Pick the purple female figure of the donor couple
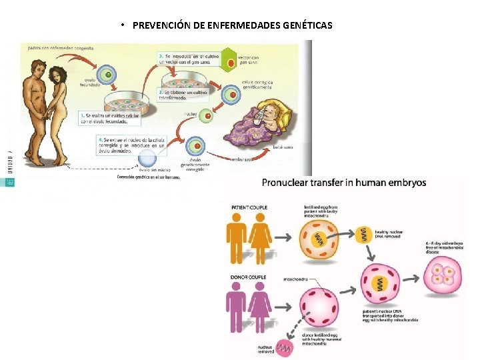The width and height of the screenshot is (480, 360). click(259, 310)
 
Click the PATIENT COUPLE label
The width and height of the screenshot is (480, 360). click(249, 207)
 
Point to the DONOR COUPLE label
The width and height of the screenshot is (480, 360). click(247, 275)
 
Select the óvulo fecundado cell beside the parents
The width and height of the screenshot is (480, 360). click(105, 75)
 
